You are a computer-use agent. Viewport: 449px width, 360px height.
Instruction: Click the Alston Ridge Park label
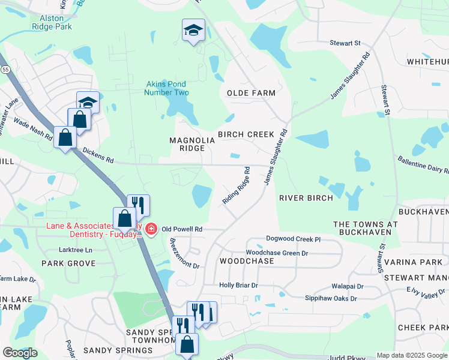pyautogui.click(x=51, y=22)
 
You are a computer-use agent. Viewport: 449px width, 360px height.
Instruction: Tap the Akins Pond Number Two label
pyautogui.click(x=167, y=88)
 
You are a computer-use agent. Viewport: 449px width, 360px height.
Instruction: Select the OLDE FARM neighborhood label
pyautogui.click(x=251, y=93)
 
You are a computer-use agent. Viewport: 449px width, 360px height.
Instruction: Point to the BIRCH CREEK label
pyautogui.click(x=246, y=134)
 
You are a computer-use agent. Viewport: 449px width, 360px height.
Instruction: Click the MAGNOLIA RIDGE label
pyautogui.click(x=192, y=144)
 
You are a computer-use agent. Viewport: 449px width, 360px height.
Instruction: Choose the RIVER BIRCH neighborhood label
pyautogui.click(x=306, y=198)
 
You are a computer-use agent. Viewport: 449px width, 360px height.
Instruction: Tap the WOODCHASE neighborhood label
pyautogui.click(x=247, y=262)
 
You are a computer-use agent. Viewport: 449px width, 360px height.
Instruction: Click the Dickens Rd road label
pyautogui.click(x=98, y=157)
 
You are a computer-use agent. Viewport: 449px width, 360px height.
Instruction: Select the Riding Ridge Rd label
pyautogui.click(x=237, y=186)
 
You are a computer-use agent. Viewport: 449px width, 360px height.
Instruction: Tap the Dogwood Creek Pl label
pyautogui.click(x=294, y=239)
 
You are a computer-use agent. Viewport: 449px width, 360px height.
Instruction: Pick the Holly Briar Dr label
pyautogui.click(x=238, y=286)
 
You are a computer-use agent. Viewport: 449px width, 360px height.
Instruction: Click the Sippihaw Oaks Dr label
pyautogui.click(x=328, y=298)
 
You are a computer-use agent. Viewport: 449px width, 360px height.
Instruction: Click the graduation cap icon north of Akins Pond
pyautogui.click(x=193, y=30)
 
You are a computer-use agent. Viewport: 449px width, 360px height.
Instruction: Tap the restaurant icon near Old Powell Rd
pyautogui.click(x=138, y=206)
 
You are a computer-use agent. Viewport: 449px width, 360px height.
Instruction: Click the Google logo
pyautogui.click(x=20, y=353)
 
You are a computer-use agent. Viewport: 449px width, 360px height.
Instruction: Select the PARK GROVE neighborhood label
pyautogui.click(x=68, y=263)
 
